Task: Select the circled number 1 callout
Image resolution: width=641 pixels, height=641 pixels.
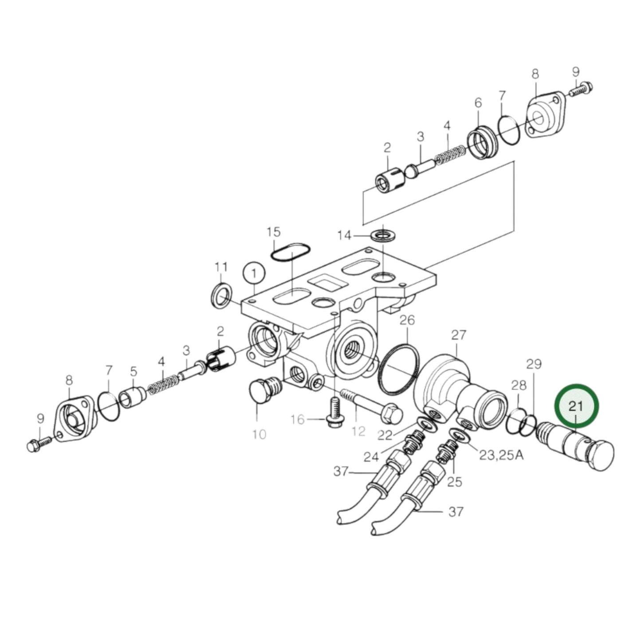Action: click(254, 274)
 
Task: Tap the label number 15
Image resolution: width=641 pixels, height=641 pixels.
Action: click(274, 232)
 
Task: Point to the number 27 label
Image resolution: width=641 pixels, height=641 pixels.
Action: click(459, 335)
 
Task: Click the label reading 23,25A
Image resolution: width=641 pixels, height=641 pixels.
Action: click(501, 455)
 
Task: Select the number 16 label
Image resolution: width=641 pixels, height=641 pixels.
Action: click(298, 419)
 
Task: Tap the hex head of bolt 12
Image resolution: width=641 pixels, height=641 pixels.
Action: click(391, 414)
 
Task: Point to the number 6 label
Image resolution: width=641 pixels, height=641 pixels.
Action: click(478, 103)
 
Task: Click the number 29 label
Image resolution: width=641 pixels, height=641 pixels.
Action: click(534, 364)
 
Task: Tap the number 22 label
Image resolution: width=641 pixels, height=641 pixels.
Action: click(385, 435)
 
